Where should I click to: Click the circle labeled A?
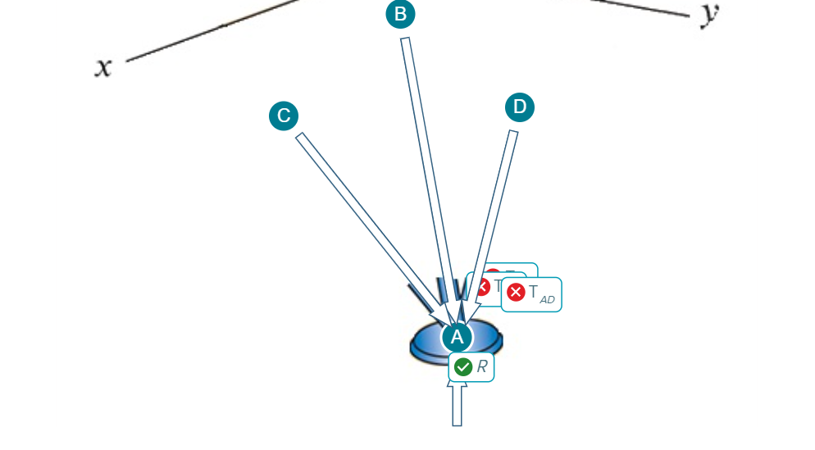(457, 336)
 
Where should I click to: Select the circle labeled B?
(400, 14)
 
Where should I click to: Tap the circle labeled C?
(284, 116)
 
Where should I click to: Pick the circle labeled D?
(519, 107)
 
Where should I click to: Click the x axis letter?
(103, 67)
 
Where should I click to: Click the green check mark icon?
(463, 367)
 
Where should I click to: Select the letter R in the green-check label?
(482, 367)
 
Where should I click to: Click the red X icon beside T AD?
(516, 293)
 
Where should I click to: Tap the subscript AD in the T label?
(547, 300)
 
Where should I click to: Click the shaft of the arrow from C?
(361, 214)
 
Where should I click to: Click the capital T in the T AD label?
(534, 292)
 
